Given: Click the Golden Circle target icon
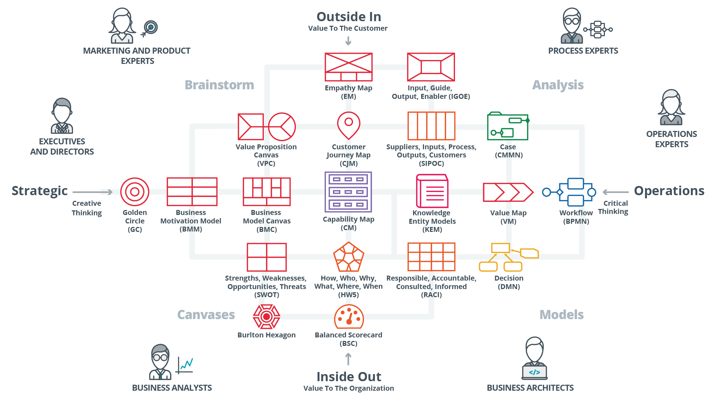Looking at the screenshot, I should (135, 192).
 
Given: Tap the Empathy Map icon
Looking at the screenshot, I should (348, 67).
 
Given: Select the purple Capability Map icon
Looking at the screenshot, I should (348, 192).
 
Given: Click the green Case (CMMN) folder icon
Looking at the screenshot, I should (508, 126).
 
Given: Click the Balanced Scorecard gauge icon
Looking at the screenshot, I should (349, 317).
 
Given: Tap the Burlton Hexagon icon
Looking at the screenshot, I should (267, 317).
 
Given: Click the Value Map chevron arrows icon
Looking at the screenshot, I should (508, 192).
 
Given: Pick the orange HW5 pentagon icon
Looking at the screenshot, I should (348, 257).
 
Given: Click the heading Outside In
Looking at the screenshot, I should (348, 17).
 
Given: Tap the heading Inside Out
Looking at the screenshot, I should (348, 377).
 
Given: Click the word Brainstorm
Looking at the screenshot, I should (219, 85).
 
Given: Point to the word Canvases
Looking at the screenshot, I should (206, 314).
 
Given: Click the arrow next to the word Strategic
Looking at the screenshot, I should (92, 192).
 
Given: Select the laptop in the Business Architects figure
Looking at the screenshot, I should (534, 372).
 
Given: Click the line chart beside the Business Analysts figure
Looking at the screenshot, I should (185, 365).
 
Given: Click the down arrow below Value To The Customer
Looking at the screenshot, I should (348, 41).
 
